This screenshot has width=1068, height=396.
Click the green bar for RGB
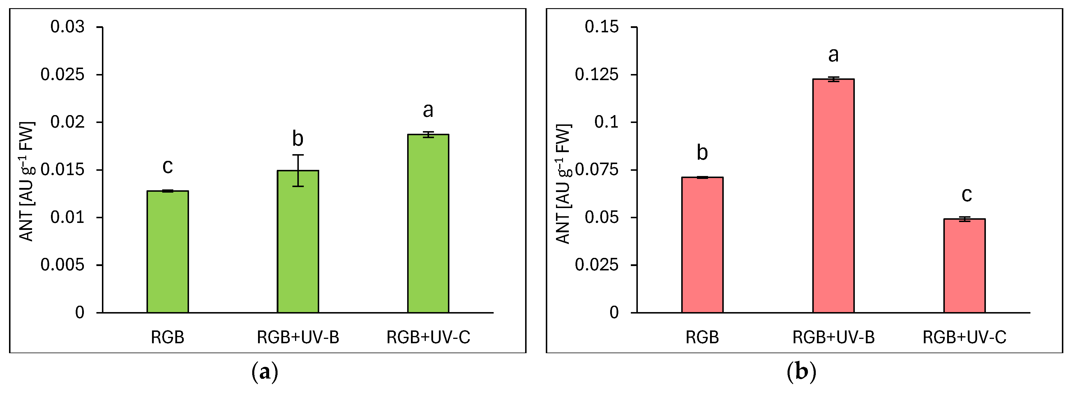coord(167,252)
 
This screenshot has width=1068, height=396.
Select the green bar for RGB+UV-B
coord(298,241)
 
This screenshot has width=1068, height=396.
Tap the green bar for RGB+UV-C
coord(428,223)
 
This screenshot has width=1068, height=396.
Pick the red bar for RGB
coord(702,245)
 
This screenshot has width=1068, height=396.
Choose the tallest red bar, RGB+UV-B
coord(833,196)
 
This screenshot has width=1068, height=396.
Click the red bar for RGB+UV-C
coord(964,266)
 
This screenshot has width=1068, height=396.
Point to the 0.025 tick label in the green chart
coord(62,75)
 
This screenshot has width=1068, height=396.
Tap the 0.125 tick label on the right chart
coord(596,75)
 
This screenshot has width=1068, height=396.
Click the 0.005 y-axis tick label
coord(62,265)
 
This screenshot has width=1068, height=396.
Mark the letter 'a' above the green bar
coord(428,110)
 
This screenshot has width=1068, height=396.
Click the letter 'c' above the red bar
coord(966,194)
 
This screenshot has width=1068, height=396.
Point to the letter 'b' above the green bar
coord(298,138)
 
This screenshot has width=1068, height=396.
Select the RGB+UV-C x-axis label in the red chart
coord(964,337)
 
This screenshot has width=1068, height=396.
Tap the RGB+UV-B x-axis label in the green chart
coord(298,337)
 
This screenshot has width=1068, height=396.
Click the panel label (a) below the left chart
coord(264,372)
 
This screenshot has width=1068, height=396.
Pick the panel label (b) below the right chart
coord(801,372)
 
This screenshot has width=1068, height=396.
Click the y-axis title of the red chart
coord(564,183)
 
